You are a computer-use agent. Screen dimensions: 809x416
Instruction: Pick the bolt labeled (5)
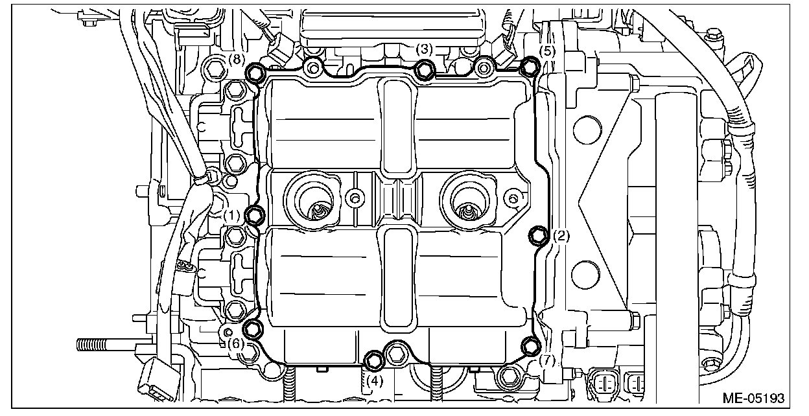(530, 65)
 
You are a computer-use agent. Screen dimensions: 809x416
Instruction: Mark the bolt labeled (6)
(254, 328)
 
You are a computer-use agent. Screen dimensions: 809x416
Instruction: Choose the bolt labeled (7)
(532, 345)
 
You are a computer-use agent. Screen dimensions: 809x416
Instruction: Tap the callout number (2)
(561, 237)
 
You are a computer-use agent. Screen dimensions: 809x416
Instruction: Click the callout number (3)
(424, 49)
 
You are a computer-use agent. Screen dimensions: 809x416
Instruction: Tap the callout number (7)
(547, 360)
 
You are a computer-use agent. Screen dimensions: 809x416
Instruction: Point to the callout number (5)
(547, 49)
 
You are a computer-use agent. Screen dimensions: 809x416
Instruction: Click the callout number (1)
(233, 214)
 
